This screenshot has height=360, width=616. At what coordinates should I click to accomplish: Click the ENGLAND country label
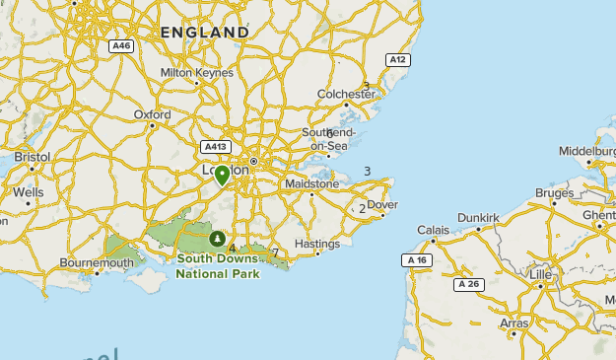pyautogui.click(x=205, y=33)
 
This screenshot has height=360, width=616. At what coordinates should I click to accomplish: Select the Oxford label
pyautogui.click(x=152, y=114)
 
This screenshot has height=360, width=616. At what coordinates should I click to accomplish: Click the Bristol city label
pyautogui.click(x=33, y=157)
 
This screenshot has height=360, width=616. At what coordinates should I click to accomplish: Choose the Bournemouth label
pyautogui.click(x=96, y=263)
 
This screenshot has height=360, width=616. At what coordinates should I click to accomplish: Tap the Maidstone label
pyautogui.click(x=310, y=183)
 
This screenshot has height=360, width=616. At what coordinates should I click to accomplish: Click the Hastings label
pyautogui.click(x=316, y=244)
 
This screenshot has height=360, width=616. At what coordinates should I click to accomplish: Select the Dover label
pyautogui.click(x=382, y=205)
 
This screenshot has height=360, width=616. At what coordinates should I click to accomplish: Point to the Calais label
pyautogui.click(x=433, y=230)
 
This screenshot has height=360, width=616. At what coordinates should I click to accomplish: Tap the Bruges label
pyautogui.click(x=555, y=192)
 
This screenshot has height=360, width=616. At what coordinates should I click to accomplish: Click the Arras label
pyautogui.click(x=513, y=323)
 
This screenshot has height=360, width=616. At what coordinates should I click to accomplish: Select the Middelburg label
pyautogui.click(x=586, y=151)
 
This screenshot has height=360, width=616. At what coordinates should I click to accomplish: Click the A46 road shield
pyautogui.click(x=121, y=44)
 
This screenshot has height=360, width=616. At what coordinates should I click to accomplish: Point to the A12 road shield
pyautogui.click(x=397, y=59)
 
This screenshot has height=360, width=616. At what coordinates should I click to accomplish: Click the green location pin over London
pyautogui.click(x=223, y=175)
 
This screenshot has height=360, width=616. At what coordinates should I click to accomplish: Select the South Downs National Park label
pyautogui.click(x=218, y=266)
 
